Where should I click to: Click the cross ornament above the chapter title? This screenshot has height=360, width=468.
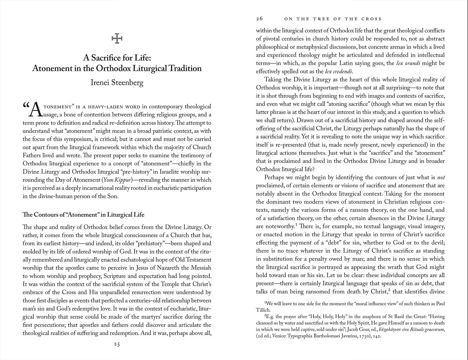click(x=117, y=39)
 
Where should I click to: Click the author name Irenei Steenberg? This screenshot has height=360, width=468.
click(x=117, y=83)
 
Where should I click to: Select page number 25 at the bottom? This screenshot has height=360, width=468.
click(x=117, y=344)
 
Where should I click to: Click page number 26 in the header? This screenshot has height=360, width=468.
click(x=259, y=19)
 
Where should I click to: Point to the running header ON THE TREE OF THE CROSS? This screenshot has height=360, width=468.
click(x=333, y=19)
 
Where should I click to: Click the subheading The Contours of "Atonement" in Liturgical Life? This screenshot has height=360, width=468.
click(x=84, y=215)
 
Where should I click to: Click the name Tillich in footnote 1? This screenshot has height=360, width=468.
click(x=263, y=310)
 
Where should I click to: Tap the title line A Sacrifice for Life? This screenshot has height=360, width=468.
click(x=117, y=58)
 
